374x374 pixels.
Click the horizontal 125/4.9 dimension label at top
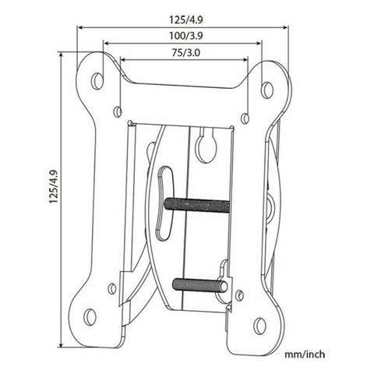[183, 14]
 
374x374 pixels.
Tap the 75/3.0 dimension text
[183, 52]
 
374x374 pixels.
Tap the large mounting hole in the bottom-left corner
[90, 316]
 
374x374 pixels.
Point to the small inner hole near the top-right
[245, 118]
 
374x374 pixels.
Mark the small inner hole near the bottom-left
[112, 288]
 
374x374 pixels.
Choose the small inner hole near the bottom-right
[238, 296]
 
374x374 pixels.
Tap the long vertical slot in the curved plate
[164, 199]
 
